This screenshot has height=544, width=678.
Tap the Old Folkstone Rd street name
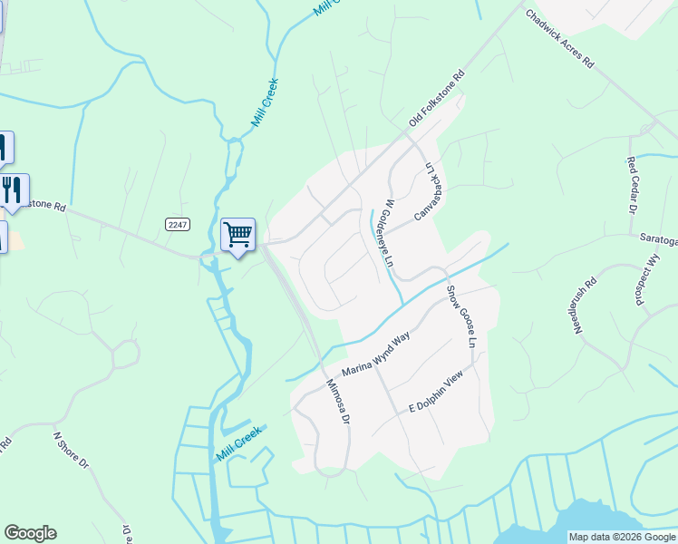pos(437,99)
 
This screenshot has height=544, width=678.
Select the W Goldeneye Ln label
pos(388,231)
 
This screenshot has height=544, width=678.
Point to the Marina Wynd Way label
pos(376,355)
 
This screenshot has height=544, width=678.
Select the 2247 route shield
pos(178,224)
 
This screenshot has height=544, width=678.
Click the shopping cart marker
pos(237,235)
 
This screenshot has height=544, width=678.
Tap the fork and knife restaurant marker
pos(12,189)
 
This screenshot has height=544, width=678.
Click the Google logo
pos(30,533)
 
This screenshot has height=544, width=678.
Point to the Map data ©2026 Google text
pos(621,537)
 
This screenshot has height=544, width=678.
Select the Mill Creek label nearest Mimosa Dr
pos(239,443)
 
